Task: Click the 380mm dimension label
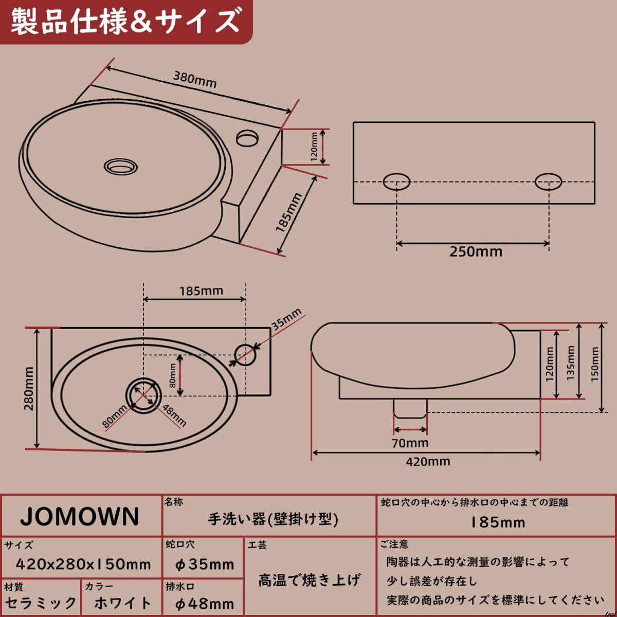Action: tap(194, 80)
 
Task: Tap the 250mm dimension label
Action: tap(476, 251)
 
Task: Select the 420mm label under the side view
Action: tap(428, 461)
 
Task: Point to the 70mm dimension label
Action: tap(410, 443)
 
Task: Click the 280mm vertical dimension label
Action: tap(29, 389)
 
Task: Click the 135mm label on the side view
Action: tap(570, 362)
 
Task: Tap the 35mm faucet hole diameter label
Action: tap(286, 319)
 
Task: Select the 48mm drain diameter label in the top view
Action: tap(174, 415)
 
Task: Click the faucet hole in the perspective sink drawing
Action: tap(248, 137)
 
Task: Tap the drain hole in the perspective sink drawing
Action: tap(121, 166)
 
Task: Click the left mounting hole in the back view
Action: tap(396, 182)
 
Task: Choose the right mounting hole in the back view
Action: tap(548, 182)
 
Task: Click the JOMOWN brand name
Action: tap(80, 517)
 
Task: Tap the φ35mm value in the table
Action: tap(205, 565)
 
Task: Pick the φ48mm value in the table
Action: tap(205, 604)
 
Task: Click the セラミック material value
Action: tap(41, 603)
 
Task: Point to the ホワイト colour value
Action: tap(123, 603)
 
